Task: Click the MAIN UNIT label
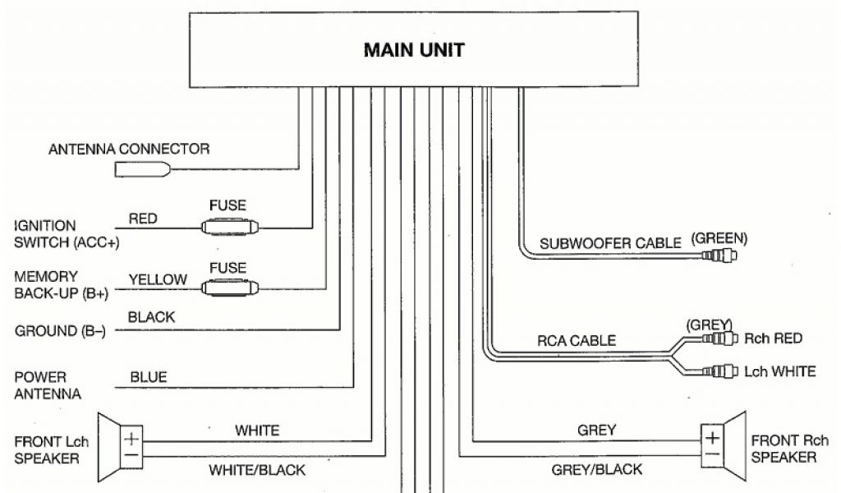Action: click(414, 50)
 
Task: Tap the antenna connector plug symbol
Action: click(143, 169)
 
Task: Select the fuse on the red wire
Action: click(230, 227)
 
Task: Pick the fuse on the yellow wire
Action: click(230, 287)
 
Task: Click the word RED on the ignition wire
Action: click(143, 219)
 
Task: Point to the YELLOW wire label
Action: click(158, 279)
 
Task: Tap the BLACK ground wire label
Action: click(152, 317)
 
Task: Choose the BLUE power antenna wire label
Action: click(149, 377)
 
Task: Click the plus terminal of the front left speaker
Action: click(131, 438)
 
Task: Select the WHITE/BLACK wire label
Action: click(258, 470)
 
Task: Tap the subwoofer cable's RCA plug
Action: click(719, 256)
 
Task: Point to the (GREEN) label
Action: click(719, 238)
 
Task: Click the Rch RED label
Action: click(772, 339)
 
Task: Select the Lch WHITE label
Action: click(779, 371)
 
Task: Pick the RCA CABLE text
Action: click(576, 340)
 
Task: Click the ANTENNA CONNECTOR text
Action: click(129, 150)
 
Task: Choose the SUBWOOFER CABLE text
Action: click(610, 243)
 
